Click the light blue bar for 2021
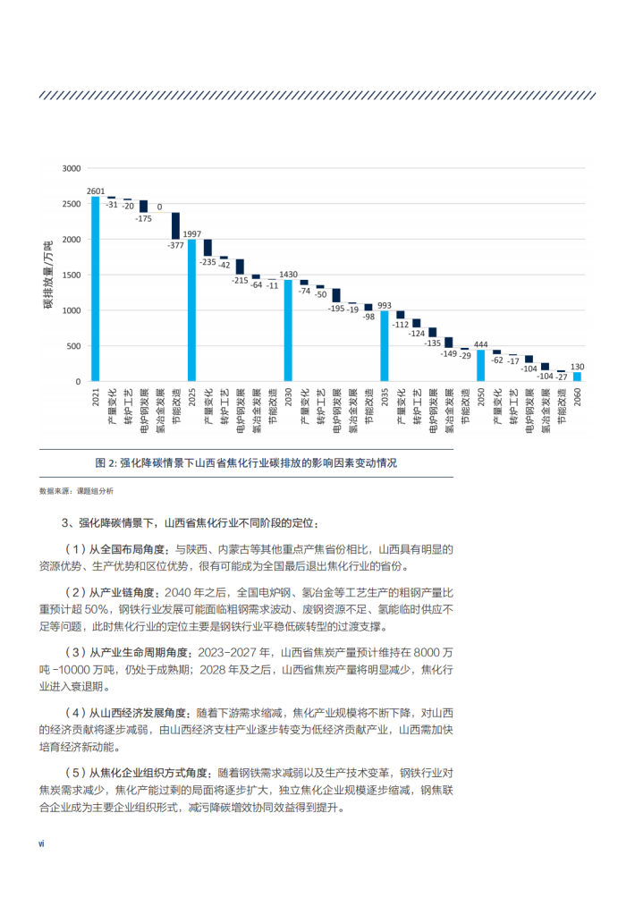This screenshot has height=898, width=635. coord(96,289)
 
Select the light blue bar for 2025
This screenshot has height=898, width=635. coord(191,310)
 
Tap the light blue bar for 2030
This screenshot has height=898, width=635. coord(288,330)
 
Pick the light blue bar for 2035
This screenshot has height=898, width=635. coord(385,346)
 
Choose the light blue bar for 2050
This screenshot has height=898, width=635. coord(480,366)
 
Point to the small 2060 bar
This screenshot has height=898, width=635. coord(577,377)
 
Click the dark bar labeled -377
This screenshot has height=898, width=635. coord(176,226)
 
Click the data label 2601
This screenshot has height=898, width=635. coord(96,191)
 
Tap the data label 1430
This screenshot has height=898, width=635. coord(288,275)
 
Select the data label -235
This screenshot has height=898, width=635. coord(207,262)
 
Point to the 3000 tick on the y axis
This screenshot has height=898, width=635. coord(72,168)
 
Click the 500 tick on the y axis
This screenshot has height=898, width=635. coord(74,346)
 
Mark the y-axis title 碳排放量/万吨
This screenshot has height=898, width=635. coord(48,275)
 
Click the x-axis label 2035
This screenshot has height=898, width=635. coord(385,397)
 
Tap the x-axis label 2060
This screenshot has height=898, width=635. coord(577,397)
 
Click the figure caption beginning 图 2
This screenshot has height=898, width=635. coord(246,462)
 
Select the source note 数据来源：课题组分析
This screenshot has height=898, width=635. coord(76,491)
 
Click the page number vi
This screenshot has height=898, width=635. coord(41,843)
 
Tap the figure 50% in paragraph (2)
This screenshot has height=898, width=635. coord(97,609)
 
